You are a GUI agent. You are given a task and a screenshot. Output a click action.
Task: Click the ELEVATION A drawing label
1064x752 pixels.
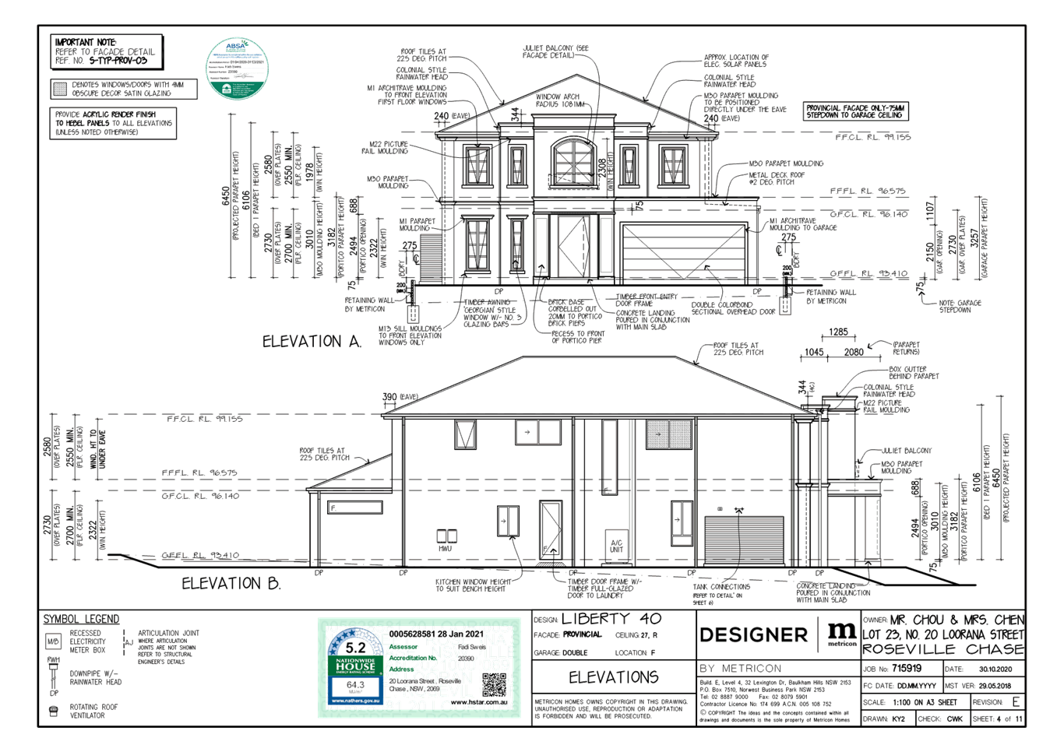click(312, 341)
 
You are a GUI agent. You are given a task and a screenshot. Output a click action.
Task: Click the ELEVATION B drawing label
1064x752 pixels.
click(231, 583)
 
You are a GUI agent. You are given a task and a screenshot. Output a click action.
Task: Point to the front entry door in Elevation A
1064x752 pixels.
click(573, 246)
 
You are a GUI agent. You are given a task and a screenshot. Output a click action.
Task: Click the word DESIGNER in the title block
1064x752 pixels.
click(753, 635)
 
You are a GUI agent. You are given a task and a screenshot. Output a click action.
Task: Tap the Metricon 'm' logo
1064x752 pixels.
click(841, 632)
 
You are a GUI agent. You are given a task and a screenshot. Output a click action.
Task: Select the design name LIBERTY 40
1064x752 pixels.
click(611, 619)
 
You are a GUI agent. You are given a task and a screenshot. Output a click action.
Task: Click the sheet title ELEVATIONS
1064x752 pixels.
click(614, 677)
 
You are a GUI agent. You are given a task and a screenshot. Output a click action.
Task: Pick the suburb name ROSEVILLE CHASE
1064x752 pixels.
click(942, 649)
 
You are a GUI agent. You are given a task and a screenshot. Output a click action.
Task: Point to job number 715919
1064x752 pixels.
click(907, 668)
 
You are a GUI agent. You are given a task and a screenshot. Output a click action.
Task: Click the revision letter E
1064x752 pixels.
click(1015, 702)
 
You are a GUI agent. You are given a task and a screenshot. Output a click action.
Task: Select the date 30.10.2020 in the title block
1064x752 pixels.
click(993, 668)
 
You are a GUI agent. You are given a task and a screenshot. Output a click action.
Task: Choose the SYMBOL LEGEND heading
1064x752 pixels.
click(82, 619)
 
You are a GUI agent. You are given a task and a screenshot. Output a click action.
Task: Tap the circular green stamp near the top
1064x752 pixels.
click(237, 69)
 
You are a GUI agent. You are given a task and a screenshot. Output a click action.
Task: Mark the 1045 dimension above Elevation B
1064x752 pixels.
click(814, 352)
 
